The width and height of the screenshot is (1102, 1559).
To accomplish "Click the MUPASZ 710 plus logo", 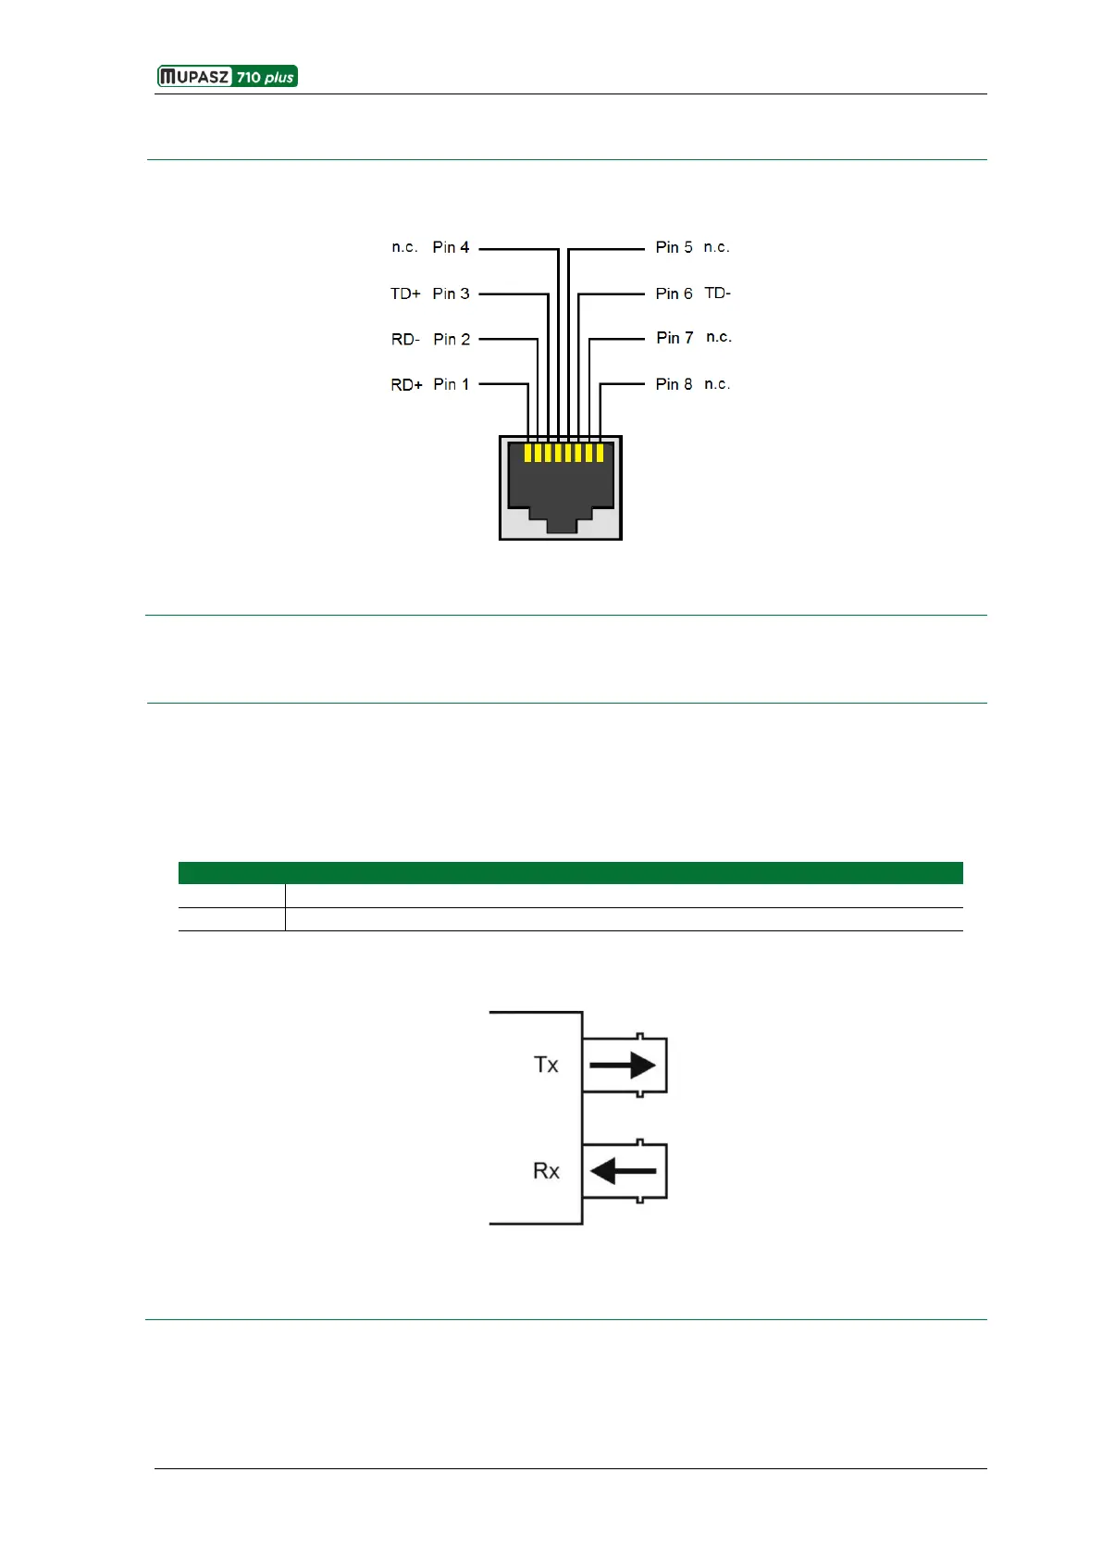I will pyautogui.click(x=228, y=77).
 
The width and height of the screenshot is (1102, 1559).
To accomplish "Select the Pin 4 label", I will pyautogui.click(x=451, y=247).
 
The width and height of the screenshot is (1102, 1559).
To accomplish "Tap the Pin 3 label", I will pyautogui.click(x=451, y=293).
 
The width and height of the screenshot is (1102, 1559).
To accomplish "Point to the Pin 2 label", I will pyautogui.click(x=452, y=339).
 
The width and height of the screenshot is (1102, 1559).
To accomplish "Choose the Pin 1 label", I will pyautogui.click(x=452, y=384).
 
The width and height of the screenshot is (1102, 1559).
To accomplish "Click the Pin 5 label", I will pyautogui.click(x=674, y=247).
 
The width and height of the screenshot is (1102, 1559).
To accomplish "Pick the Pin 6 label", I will pyautogui.click(x=674, y=293).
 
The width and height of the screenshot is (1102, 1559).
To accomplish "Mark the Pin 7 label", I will pyautogui.click(x=675, y=338).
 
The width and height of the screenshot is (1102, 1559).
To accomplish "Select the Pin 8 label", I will pyautogui.click(x=674, y=384).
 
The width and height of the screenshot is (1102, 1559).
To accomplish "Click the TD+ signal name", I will pyautogui.click(x=405, y=293).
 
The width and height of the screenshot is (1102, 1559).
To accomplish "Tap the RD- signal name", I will pyautogui.click(x=405, y=340).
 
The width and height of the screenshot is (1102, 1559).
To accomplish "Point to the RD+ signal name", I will pyautogui.click(x=406, y=385).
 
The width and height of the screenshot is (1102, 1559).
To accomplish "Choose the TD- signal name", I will pyautogui.click(x=717, y=293).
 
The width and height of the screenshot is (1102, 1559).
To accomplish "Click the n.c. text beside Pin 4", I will pyautogui.click(x=404, y=247).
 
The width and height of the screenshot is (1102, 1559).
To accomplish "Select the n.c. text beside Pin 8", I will pyautogui.click(x=717, y=384).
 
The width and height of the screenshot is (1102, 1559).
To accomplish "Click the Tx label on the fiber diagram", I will pyautogui.click(x=546, y=1065).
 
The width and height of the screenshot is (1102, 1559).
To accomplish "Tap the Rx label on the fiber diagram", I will pyautogui.click(x=546, y=1171).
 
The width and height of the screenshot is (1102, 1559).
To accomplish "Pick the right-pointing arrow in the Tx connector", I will pyautogui.click(x=623, y=1066).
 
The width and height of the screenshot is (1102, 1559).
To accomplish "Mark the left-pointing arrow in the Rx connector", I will pyautogui.click(x=623, y=1171).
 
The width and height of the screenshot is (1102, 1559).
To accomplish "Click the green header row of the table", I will pyautogui.click(x=570, y=873).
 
